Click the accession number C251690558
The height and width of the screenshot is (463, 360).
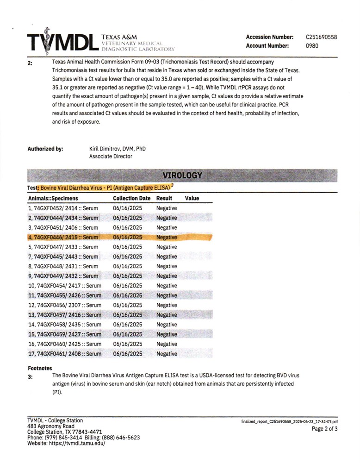[x=321, y=37]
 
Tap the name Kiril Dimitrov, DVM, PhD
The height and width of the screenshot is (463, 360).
[x=120, y=149]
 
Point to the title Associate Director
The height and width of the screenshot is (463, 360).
[x=111, y=156]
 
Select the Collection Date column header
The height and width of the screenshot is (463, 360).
[x=132, y=198]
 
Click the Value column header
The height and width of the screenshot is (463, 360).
[x=192, y=198]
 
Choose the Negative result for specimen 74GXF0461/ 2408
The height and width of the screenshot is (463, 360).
[x=167, y=354]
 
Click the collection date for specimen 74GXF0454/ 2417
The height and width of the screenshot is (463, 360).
[x=127, y=286]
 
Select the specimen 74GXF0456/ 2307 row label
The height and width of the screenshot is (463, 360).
[x=64, y=305]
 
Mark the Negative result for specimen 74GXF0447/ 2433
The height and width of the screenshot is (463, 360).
[x=167, y=247]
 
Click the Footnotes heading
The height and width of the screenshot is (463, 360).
[x=40, y=368]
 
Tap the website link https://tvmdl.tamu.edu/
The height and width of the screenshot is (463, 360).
[x=79, y=443]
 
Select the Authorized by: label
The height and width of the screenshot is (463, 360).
[x=45, y=149]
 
